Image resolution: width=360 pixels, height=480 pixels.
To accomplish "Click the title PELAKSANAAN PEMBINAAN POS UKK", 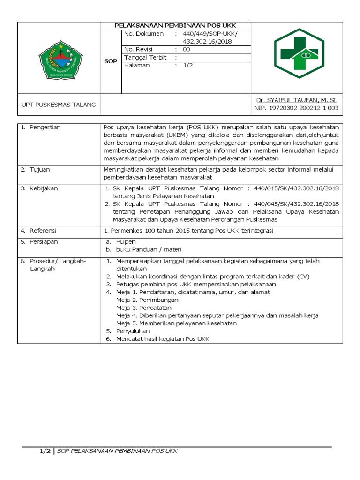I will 176,26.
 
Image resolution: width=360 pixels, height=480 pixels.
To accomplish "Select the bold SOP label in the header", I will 111,61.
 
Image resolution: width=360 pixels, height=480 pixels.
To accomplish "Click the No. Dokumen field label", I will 144,34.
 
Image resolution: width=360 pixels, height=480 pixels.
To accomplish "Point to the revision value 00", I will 186,49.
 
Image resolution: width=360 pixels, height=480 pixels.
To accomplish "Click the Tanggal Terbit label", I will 146,57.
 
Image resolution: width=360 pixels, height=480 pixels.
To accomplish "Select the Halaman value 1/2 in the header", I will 188,65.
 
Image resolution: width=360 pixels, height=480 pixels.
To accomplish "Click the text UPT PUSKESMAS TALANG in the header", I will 59,105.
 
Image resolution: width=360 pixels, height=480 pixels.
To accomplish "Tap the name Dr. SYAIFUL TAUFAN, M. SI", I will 296,100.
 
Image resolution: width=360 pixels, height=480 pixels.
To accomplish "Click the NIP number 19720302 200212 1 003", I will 296,108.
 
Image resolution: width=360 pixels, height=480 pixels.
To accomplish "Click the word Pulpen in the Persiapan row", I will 126,241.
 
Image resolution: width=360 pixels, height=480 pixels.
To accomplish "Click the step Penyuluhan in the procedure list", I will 133,331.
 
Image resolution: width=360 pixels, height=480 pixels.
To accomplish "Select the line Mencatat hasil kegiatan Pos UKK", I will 162,339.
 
